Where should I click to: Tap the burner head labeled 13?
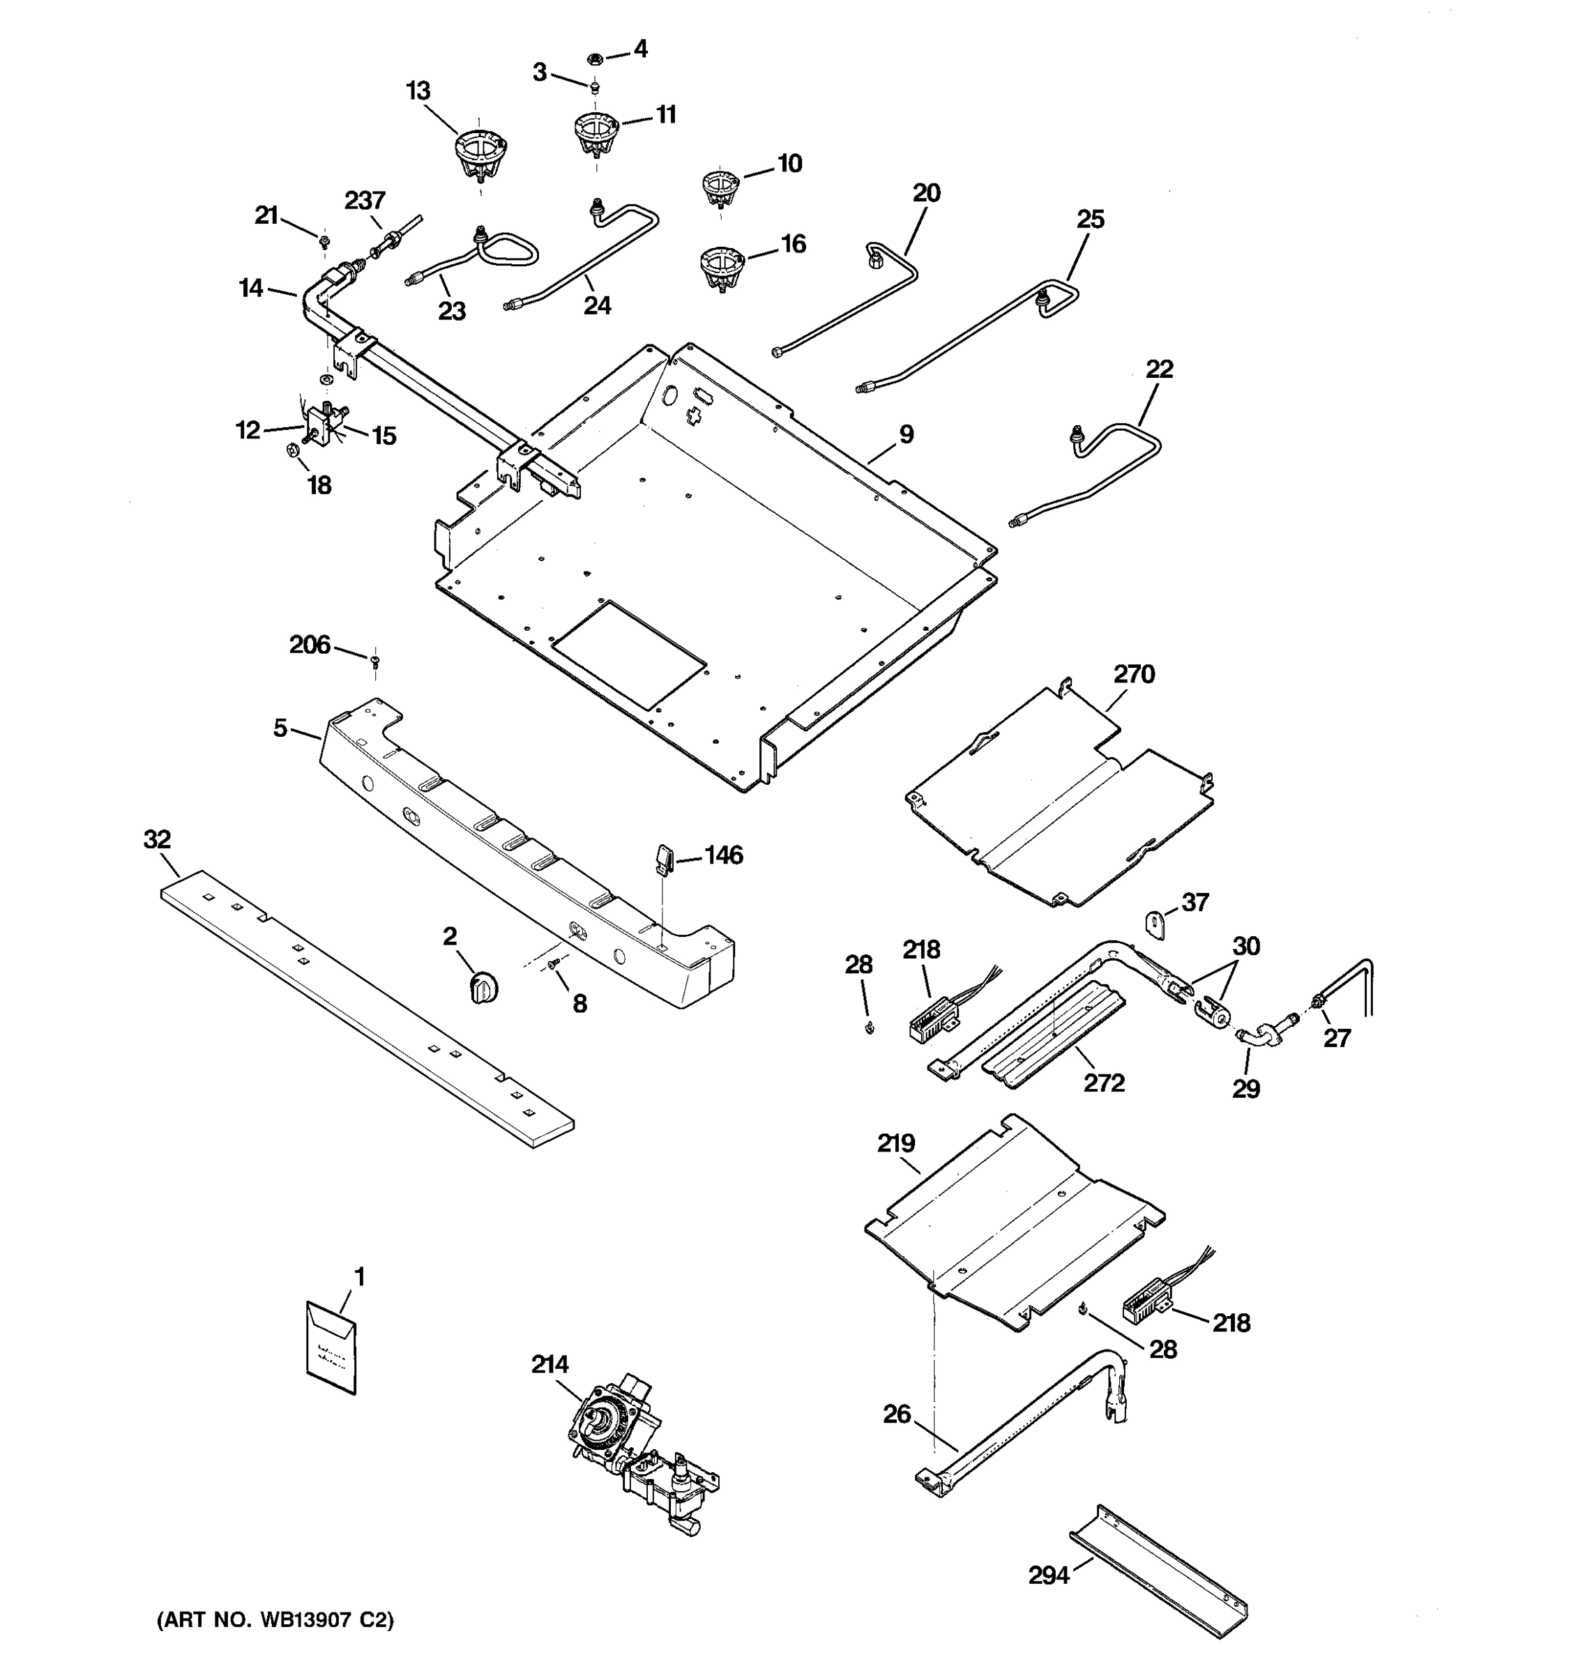tap(480, 154)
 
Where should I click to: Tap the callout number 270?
tap(1134, 674)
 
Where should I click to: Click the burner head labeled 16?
tap(722, 268)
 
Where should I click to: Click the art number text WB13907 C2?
tap(276, 1621)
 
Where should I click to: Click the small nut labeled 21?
tap(324, 243)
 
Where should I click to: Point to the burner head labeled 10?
tap(720, 190)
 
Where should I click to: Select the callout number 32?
tap(158, 839)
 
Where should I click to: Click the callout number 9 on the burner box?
tap(906, 435)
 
